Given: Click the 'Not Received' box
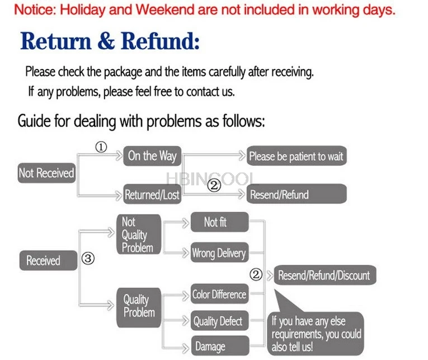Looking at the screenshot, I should (x=46, y=174).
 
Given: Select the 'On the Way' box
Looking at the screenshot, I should (x=151, y=156).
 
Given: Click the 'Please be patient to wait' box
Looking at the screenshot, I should (x=296, y=156).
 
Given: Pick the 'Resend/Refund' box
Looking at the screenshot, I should (x=296, y=195).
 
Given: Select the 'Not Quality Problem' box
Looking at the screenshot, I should (x=138, y=235).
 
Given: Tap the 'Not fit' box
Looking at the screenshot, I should (x=218, y=222).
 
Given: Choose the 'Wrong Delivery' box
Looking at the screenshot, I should (x=218, y=253).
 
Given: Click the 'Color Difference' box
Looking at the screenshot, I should (x=219, y=294).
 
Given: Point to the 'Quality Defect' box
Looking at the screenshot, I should (x=218, y=321).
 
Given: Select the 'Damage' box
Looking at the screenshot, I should (x=218, y=347).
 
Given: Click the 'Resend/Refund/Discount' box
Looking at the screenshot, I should (x=324, y=275).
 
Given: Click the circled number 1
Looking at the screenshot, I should (x=101, y=148).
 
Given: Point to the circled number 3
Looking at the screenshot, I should (x=88, y=259).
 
